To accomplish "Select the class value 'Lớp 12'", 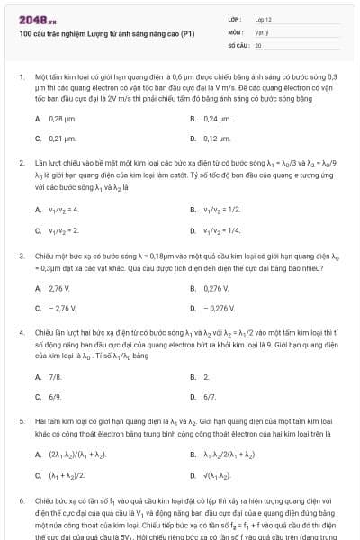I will click(x=263, y=19).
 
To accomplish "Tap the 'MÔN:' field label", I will click(x=236, y=31).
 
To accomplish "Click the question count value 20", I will click(x=258, y=44).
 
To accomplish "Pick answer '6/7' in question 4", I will click(x=210, y=397).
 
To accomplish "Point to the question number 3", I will click(x=20, y=256).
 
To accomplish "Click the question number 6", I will click(x=20, y=499).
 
